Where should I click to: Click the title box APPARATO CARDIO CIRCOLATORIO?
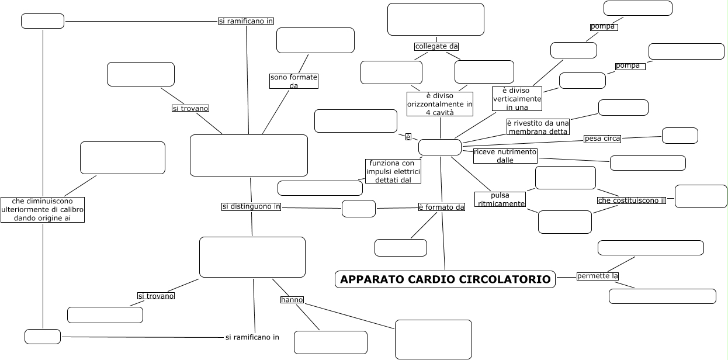(445, 279)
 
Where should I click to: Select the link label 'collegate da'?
(436, 46)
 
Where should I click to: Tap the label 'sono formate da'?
(294, 81)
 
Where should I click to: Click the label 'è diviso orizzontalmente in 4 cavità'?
(440, 104)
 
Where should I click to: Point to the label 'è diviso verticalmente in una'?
(517, 99)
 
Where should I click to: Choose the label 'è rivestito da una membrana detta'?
(538, 127)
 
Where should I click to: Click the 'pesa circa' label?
(602, 139)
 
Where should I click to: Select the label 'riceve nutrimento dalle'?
(505, 155)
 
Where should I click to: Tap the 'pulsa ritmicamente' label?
(500, 199)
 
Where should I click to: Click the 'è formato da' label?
(442, 207)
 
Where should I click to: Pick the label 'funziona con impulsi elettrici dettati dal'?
(393, 171)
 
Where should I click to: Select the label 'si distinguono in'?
(251, 206)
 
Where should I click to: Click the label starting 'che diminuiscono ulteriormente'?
(43, 209)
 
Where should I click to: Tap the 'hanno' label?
(292, 300)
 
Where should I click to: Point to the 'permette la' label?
(597, 276)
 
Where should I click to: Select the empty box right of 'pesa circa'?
(680, 136)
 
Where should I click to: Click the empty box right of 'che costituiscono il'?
(701, 196)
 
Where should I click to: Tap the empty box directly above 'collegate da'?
(436, 19)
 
